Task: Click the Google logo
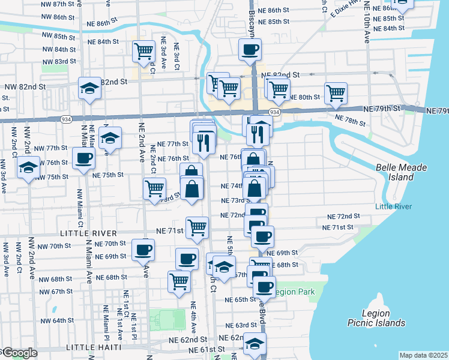pos(19,353)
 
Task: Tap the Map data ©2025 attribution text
pos(423,355)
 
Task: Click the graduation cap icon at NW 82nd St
pos(89,89)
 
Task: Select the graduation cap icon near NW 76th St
pos(28,167)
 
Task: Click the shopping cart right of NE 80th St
pos(336,93)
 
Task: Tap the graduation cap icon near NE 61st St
pos(255,344)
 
